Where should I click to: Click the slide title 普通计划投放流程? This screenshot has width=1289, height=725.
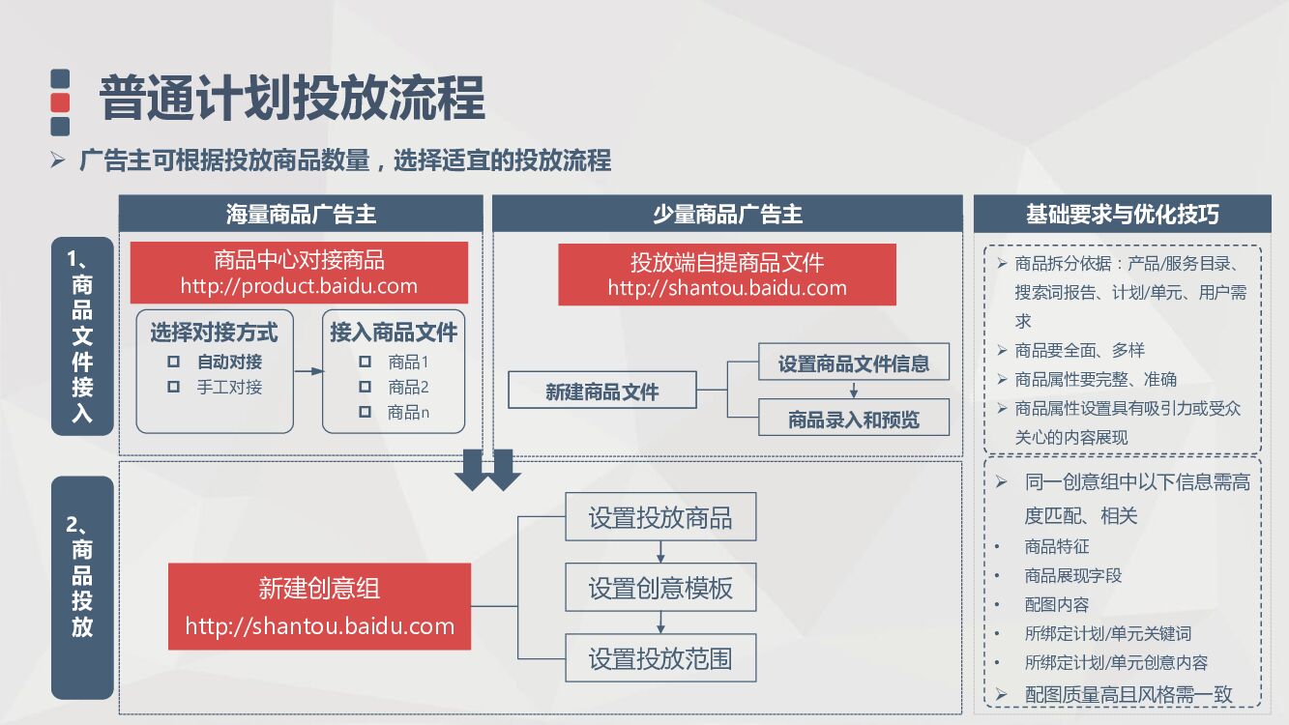[292, 98]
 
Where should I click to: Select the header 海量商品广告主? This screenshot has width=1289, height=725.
[301, 214]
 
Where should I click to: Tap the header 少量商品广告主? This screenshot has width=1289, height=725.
[727, 214]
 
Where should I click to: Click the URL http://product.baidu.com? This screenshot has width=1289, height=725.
[299, 286]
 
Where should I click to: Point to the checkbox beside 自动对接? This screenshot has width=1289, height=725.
[174, 362]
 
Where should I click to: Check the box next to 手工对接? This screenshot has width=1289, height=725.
[174, 387]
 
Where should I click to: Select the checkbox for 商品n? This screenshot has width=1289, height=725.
[365, 412]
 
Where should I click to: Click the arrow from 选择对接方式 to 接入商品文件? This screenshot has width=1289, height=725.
[308, 371]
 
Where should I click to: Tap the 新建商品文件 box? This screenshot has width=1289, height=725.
[602, 391]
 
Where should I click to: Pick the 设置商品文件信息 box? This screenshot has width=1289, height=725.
[853, 363]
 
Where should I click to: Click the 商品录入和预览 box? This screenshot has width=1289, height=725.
[853, 420]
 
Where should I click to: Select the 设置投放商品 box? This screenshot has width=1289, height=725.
[660, 518]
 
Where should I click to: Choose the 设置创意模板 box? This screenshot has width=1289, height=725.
[660, 588]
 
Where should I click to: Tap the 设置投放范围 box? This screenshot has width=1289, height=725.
[660, 659]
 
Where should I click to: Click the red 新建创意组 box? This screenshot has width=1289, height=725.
[319, 606]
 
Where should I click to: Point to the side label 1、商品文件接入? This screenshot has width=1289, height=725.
[82, 335]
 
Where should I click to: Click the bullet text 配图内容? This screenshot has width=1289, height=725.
[1056, 604]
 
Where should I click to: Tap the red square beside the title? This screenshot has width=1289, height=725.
[60, 102]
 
